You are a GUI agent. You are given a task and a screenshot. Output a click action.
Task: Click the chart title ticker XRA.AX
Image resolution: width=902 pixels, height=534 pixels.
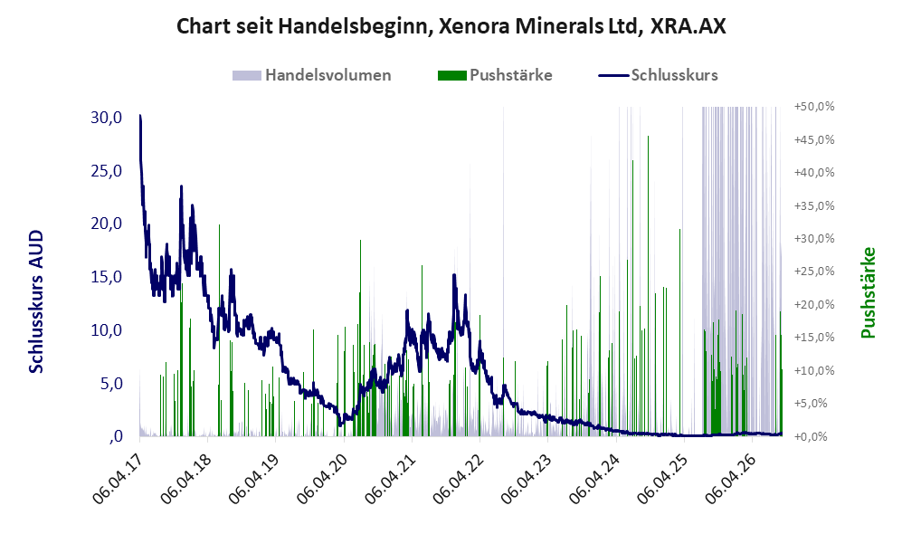click(x=688, y=26)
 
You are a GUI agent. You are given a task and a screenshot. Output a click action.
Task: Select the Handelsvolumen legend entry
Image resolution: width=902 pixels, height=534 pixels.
click(x=312, y=75)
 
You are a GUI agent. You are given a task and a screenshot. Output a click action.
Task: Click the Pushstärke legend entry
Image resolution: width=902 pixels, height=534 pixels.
click(x=495, y=75)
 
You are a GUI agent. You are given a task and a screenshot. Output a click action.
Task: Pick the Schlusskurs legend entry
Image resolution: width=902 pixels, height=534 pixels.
click(x=658, y=75)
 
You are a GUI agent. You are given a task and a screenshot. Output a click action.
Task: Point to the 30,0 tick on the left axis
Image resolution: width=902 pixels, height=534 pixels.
click(x=107, y=118)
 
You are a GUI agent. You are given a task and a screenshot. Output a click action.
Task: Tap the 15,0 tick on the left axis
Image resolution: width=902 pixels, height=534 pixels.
click(x=107, y=277)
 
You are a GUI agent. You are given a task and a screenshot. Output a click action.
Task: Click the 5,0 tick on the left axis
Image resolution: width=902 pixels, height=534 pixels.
click(x=111, y=383)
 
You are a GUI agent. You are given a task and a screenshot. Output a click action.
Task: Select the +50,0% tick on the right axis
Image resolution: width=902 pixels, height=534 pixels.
click(x=814, y=107)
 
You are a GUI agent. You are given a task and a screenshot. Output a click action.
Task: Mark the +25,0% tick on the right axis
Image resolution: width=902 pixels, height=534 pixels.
click(x=814, y=271)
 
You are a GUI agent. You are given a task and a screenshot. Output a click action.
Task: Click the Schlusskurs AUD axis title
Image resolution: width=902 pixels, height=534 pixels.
click(x=36, y=301)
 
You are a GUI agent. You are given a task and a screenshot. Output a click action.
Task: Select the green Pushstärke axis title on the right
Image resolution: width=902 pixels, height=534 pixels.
click(x=868, y=293)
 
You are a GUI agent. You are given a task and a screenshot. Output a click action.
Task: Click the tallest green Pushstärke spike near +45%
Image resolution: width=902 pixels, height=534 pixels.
click(x=649, y=286)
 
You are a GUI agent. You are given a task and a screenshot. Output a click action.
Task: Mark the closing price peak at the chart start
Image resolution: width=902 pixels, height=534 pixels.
click(x=140, y=116)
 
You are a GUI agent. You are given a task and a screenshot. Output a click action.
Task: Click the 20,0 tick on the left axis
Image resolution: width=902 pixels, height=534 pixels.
click(x=107, y=224)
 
